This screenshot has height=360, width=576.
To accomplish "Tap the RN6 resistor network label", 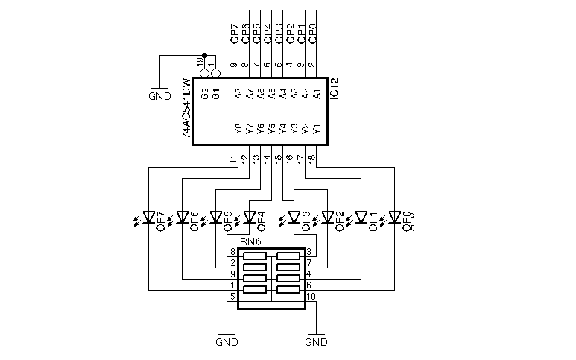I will point(250,241).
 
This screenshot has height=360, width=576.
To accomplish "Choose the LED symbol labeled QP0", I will point(394,218).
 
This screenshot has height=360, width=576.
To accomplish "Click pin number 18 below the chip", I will point(311,159).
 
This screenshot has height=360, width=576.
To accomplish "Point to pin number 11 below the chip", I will point(233,159).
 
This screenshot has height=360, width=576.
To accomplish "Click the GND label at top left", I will point(159,95).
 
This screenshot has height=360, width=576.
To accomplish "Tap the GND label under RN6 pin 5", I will point(227,343).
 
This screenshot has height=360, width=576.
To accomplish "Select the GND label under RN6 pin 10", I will point(317,343).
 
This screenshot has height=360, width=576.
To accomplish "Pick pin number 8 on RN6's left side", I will point(233,252).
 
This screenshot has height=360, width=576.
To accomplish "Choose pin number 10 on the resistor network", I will point(311,297).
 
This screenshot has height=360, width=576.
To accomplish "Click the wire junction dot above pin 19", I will point(204,54).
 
